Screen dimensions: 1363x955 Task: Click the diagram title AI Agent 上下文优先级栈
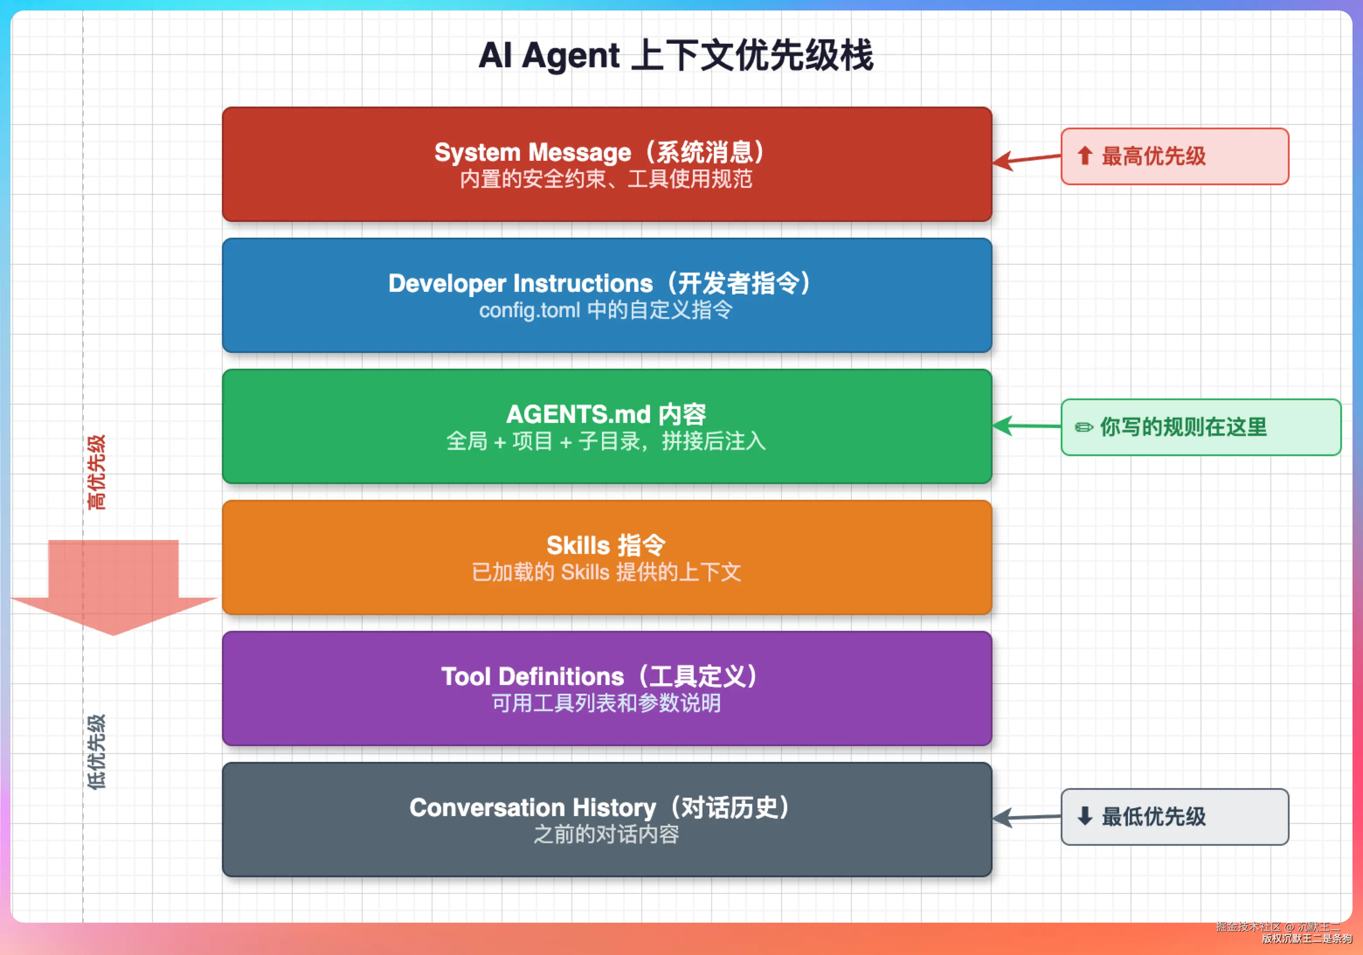pos(675,55)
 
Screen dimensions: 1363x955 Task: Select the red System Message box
pos(607,164)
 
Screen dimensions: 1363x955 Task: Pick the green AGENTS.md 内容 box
pos(607,426)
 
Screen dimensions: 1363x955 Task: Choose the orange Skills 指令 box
pos(607,557)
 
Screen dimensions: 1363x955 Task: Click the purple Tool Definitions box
pos(607,689)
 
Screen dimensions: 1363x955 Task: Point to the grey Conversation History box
pos(607,820)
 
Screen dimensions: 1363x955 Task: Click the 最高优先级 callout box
pos(1175,156)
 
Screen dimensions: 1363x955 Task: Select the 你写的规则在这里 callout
pos(1201,427)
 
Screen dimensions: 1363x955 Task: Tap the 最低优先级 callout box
pos(1175,817)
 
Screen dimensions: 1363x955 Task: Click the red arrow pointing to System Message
pos(1027,159)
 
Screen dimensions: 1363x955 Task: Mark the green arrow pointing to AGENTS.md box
pos(1027,426)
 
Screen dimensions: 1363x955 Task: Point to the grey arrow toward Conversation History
pos(1027,818)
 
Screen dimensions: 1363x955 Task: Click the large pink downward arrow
pos(114,588)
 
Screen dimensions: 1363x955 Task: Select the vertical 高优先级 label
pos(96,472)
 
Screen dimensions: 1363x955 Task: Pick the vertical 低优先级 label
pos(96,752)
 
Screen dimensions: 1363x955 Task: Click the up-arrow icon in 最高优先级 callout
pos(1085,156)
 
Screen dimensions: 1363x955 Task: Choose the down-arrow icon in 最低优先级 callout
pos(1085,816)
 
